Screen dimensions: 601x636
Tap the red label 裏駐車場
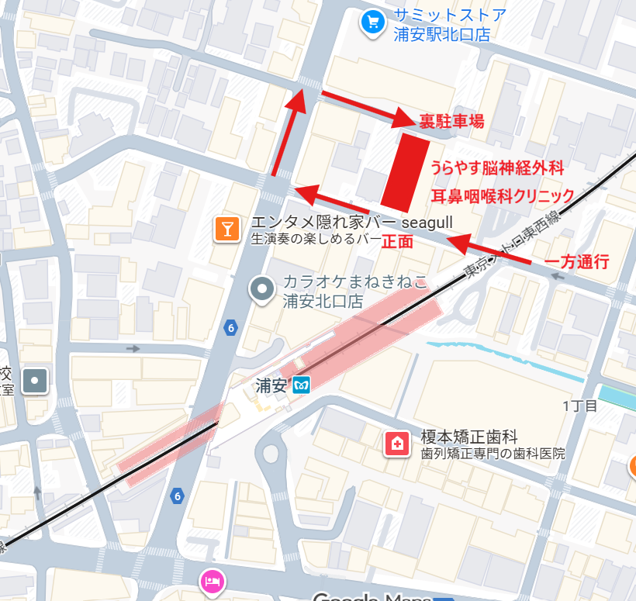click(451, 121)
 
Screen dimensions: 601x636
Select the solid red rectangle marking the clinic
click(406, 171)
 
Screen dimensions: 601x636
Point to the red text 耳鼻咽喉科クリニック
click(502, 195)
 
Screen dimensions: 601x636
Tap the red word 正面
click(397, 241)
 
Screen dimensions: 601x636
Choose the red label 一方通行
click(576, 261)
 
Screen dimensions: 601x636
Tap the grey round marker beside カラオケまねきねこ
click(263, 290)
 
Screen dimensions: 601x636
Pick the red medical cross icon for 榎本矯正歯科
click(397, 444)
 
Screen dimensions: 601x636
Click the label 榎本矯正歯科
click(468, 437)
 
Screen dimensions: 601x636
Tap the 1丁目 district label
click(579, 406)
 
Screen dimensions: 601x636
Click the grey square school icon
click(36, 381)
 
